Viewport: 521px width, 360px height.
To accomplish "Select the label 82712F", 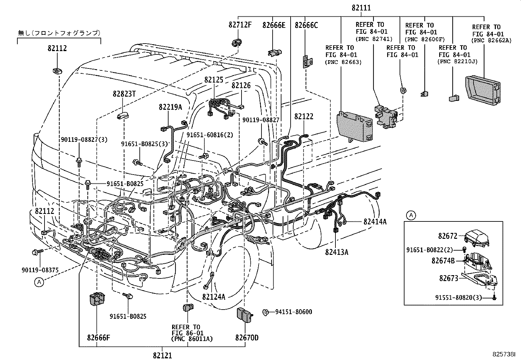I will [x=240, y=25].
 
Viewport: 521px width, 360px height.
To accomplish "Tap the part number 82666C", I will [x=306, y=25].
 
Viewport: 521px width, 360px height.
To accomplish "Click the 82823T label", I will [x=124, y=94].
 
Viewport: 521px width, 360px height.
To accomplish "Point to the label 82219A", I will [x=170, y=107].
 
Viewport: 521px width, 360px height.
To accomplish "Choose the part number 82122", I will [x=304, y=117].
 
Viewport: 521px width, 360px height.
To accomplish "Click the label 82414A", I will [x=375, y=222].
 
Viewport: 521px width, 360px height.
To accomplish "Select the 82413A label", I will [x=337, y=252].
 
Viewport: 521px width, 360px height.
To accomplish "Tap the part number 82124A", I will [x=214, y=297].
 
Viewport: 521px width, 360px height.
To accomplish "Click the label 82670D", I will [x=246, y=337].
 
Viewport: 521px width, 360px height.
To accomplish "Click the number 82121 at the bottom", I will [x=162, y=355].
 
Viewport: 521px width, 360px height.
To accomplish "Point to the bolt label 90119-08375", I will [x=40, y=270].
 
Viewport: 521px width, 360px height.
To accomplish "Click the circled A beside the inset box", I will [x=411, y=216].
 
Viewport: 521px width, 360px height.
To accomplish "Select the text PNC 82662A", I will [x=486, y=41].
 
